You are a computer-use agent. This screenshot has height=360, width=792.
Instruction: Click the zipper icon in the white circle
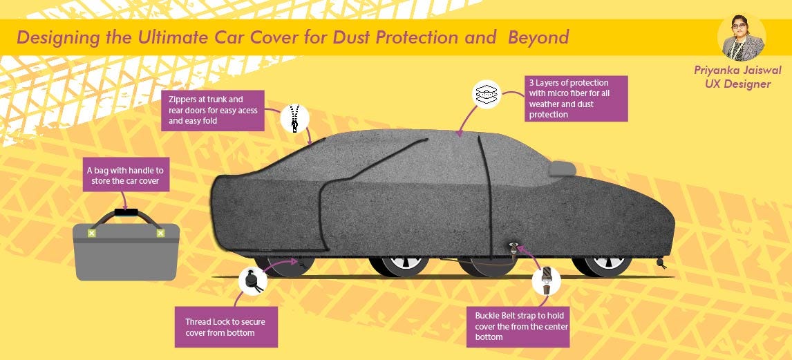click(294, 117)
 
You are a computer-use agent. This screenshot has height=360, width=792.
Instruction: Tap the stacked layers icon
click(486, 94)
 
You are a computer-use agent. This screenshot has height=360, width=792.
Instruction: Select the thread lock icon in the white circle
click(252, 282)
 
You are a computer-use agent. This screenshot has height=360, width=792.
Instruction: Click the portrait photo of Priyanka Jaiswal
click(742, 37)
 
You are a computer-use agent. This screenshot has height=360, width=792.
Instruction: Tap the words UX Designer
click(733, 84)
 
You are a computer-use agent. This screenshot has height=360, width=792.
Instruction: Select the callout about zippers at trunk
click(214, 110)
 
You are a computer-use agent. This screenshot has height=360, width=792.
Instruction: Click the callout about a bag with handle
click(125, 176)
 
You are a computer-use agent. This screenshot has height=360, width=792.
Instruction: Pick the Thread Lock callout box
click(226, 327)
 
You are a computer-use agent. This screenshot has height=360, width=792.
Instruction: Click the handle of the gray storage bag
click(126, 215)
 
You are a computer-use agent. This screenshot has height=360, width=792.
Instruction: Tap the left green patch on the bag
click(91, 234)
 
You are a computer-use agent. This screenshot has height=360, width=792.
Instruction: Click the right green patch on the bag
click(160, 234)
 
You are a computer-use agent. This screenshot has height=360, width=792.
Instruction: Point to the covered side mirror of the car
click(561, 168)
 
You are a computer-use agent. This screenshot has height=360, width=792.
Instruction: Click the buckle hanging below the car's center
click(515, 249)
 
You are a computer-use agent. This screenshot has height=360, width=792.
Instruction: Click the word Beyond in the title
click(538, 37)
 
